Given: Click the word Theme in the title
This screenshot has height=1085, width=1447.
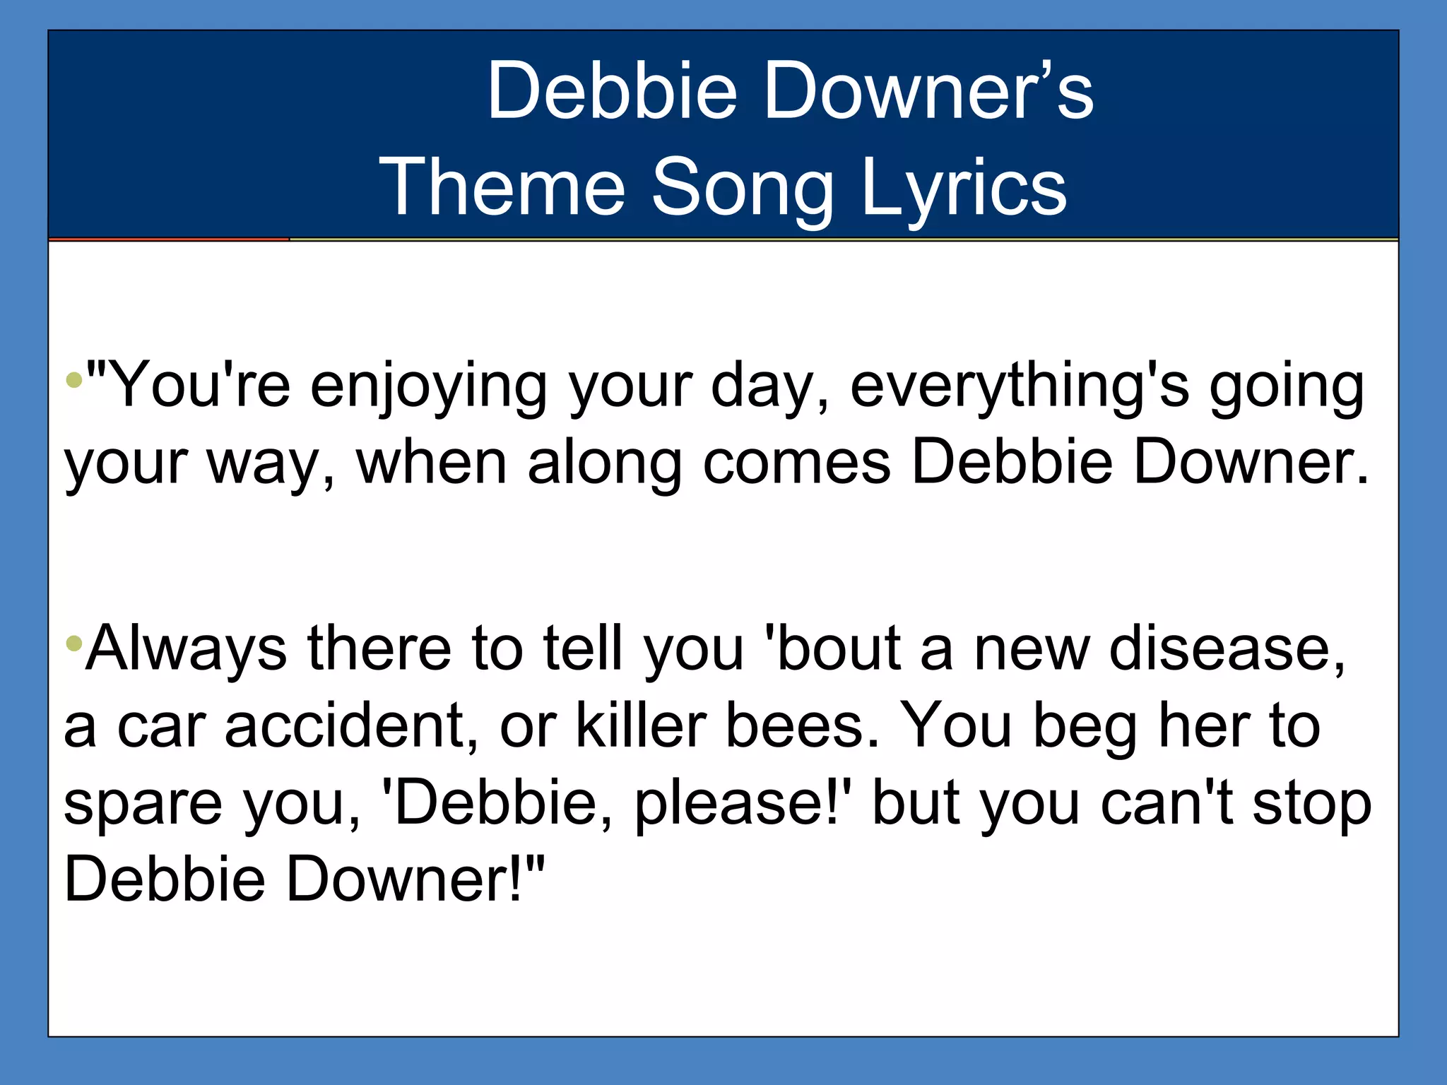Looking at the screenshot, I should coord(502,187).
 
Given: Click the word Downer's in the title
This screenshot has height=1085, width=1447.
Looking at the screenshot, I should coord(928,91).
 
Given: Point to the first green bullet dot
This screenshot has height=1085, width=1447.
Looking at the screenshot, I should coord(73,381).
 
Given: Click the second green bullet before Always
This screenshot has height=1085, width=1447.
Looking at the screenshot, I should coord(73,643).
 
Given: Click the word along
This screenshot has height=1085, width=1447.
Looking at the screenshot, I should coord(605,465).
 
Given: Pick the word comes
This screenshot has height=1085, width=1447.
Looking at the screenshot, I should coord(796,465).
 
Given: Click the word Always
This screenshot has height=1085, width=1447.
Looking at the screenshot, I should coord(186,650).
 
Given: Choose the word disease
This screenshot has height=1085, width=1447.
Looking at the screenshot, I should coord(1227,650).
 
